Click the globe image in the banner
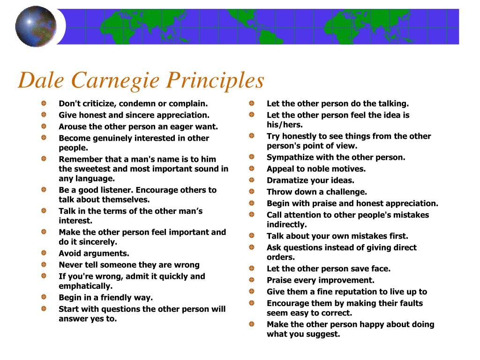pyautogui.click(x=36, y=26)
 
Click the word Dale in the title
pyautogui.click(x=41, y=80)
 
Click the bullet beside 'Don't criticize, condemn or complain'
pyautogui.click(x=44, y=103)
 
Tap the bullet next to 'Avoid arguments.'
pyautogui.click(x=44, y=253)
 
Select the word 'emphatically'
pyautogui.click(x=85, y=286)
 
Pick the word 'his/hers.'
pyautogui.click(x=285, y=125)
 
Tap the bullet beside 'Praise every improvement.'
pyautogui.click(x=252, y=280)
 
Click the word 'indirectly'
pyautogui.click(x=286, y=225)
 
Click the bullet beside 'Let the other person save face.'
pyautogui.click(x=252, y=268)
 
